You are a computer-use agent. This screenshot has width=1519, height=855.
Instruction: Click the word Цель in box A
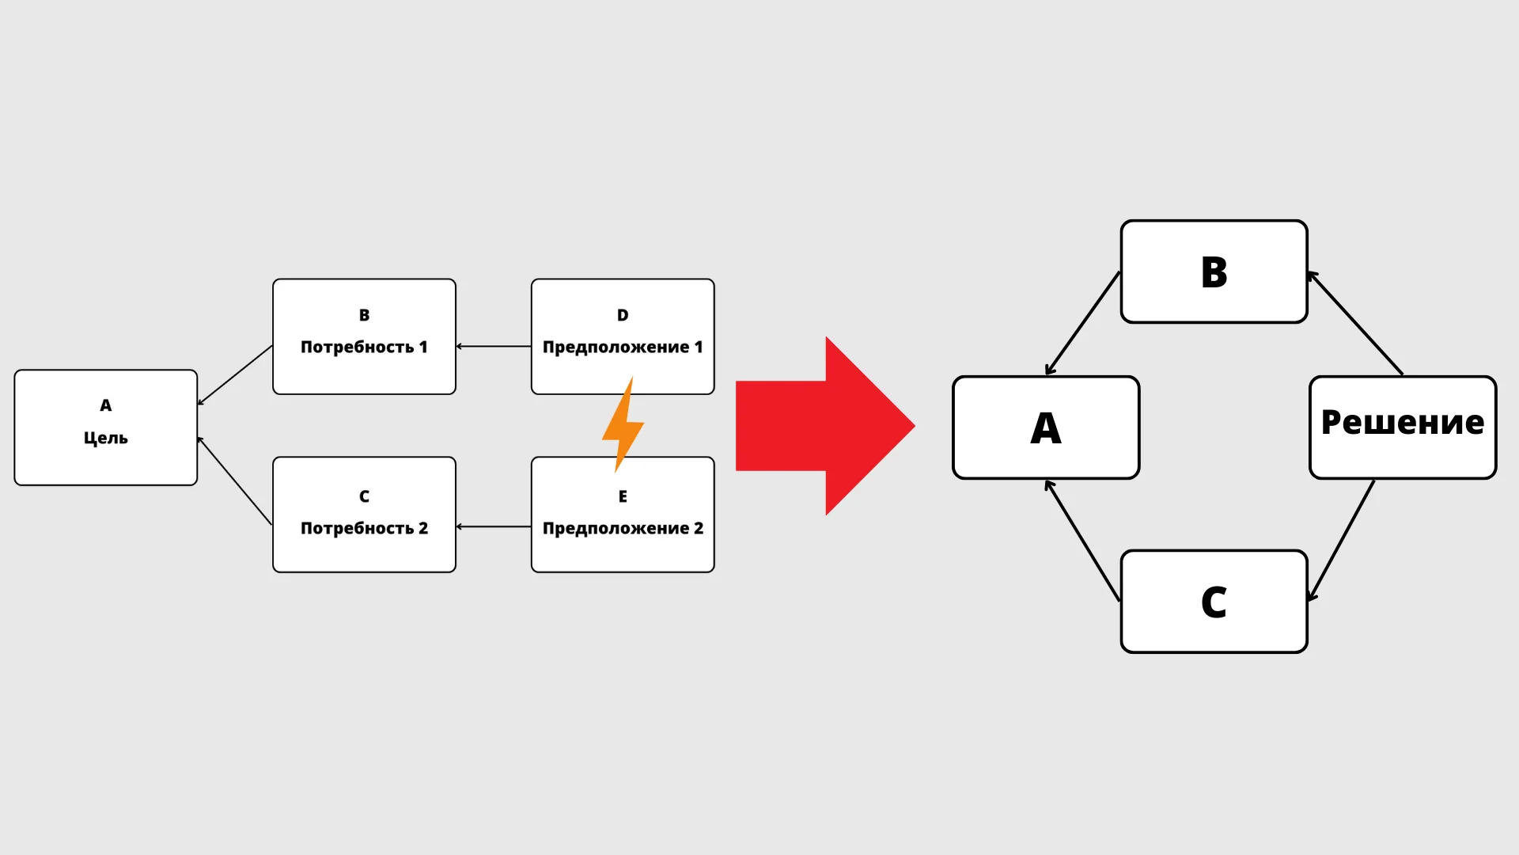(105, 438)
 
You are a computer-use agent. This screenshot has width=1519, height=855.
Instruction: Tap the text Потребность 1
(364, 347)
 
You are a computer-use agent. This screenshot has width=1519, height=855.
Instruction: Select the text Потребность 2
(364, 528)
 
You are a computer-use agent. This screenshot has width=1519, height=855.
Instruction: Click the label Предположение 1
(623, 347)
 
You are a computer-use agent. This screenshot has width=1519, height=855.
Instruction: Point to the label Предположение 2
(623, 528)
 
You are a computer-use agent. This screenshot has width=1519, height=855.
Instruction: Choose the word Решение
(1403, 423)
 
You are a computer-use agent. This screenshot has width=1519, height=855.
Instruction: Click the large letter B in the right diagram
(1214, 272)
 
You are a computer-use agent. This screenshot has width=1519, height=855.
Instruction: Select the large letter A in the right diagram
(1046, 428)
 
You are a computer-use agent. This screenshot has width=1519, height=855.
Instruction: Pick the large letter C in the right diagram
(1214, 602)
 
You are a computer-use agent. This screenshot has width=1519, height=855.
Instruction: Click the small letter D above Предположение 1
(623, 315)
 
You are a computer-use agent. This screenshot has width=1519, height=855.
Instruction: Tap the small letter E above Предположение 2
(623, 496)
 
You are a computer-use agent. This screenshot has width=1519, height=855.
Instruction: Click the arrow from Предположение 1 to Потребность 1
(494, 346)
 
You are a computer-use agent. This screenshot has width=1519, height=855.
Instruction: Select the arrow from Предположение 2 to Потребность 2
(494, 526)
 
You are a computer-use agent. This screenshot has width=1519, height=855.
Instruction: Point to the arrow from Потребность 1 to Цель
(235, 375)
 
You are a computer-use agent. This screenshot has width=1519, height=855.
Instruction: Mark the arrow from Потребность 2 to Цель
(235, 481)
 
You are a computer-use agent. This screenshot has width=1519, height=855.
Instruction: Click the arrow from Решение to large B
(1355, 323)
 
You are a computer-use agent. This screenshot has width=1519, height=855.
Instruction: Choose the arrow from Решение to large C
(1342, 540)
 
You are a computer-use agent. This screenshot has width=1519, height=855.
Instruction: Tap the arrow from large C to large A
(1082, 541)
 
